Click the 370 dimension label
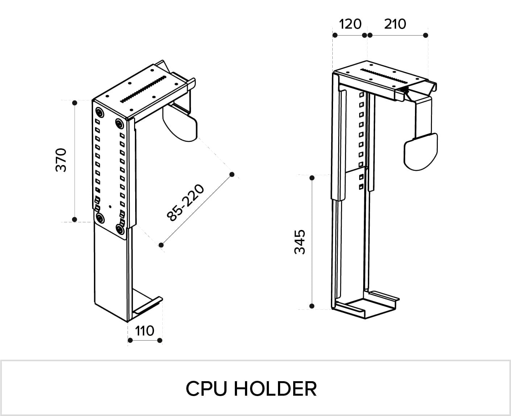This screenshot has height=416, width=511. click(x=61, y=160)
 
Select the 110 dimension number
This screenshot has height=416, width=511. click(x=145, y=331)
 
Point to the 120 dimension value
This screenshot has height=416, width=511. click(x=350, y=24)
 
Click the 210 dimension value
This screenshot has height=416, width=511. click(x=395, y=24)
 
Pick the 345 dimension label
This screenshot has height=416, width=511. click(x=300, y=242)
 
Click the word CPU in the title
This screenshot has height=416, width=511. click(x=206, y=389)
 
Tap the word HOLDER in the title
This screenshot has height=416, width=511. click(x=275, y=389)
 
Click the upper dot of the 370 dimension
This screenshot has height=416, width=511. click(x=75, y=103)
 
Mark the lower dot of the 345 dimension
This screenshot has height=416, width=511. click(x=312, y=306)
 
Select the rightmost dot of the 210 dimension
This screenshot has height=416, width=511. click(x=425, y=35)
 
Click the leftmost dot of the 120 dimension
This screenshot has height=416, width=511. click(x=335, y=35)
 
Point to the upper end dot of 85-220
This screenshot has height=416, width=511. click(x=232, y=174)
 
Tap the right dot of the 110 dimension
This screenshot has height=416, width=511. click(x=160, y=341)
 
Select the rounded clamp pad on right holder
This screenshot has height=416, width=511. click(x=420, y=152)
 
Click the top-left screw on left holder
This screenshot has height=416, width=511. click(x=99, y=112)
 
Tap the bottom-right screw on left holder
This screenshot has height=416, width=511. click(x=120, y=230)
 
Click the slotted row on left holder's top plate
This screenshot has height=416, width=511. click(x=143, y=89)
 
